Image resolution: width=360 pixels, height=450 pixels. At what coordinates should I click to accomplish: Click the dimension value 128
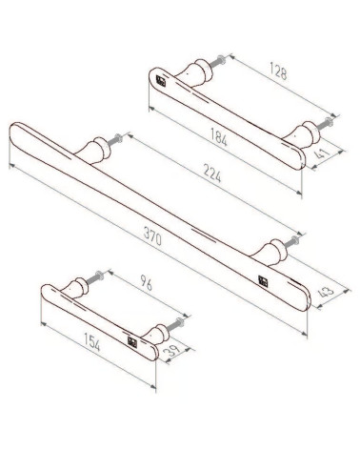pos(278,71)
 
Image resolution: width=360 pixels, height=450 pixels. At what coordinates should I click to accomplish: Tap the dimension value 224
pos(211,174)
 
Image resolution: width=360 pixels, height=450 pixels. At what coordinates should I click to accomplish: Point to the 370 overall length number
pos(152,236)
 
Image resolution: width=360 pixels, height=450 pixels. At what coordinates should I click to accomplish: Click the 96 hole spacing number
pos(146,283)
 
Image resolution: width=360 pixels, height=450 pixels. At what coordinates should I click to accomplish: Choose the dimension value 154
pos(92,342)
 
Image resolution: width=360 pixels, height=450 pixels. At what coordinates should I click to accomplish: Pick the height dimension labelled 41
pos(323,153)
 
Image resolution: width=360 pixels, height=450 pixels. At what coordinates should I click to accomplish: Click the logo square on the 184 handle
pos(161,81)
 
